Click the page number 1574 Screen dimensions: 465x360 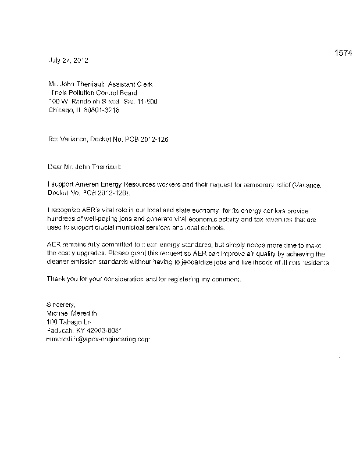point(344,53)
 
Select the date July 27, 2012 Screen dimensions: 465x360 point(67,60)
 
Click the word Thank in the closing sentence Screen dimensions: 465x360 point(56,280)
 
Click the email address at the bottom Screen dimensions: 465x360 point(98,338)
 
